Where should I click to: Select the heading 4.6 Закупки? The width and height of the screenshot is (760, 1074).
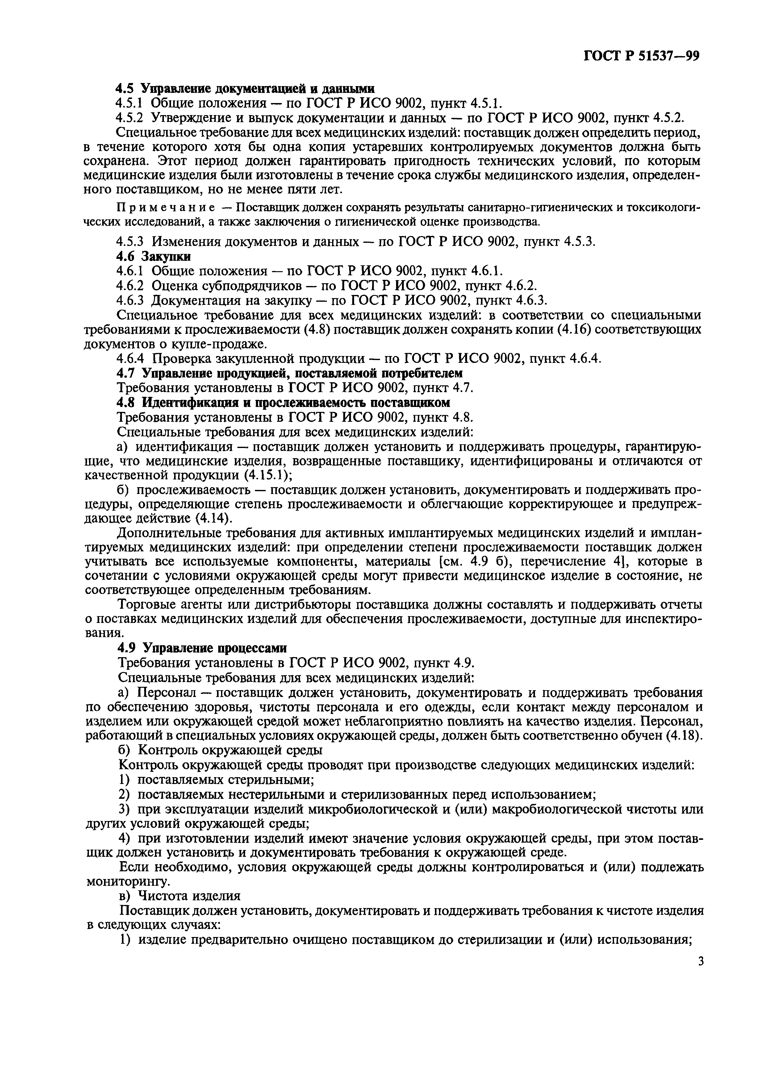[153, 256]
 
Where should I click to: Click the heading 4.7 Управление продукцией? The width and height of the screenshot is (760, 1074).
[289, 373]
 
